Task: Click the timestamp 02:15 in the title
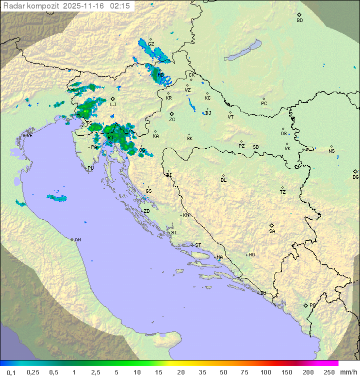120,6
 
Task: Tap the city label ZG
172,120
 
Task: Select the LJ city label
113,105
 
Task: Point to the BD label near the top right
299,21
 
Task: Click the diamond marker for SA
272,225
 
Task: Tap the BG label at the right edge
355,177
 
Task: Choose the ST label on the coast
198,245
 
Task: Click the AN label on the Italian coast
77,240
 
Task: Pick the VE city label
29,136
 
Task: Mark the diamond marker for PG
305,305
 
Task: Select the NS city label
331,151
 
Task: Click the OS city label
283,134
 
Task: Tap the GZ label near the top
151,44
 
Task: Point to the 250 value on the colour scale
329,372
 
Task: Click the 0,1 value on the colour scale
11,372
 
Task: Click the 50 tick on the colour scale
222,372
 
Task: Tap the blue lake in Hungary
242,51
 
